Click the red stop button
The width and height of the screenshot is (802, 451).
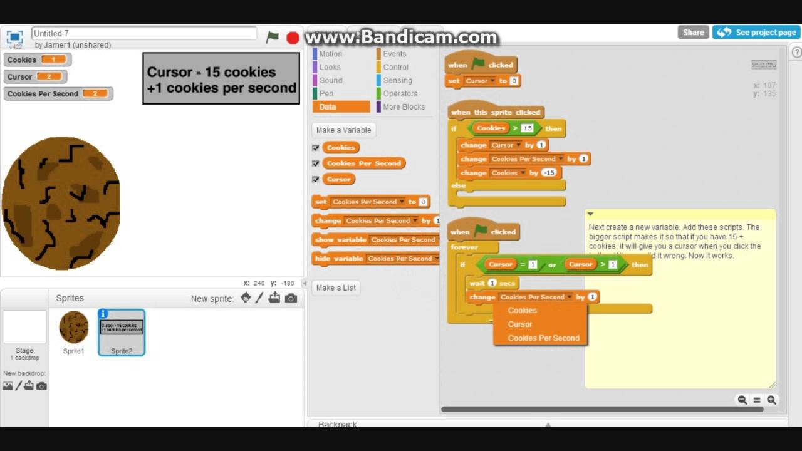(x=293, y=38)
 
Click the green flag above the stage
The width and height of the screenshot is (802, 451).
(x=273, y=38)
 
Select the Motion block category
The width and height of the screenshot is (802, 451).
(x=330, y=54)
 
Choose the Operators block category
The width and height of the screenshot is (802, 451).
(x=400, y=93)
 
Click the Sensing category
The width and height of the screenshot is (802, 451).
(x=397, y=80)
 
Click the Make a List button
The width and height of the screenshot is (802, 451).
(x=336, y=288)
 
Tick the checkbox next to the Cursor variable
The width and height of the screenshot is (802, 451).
(x=316, y=179)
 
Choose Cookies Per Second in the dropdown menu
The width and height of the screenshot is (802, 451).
(x=543, y=338)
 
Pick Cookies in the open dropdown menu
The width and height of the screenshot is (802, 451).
(x=522, y=311)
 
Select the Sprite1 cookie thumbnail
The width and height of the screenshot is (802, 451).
(x=74, y=328)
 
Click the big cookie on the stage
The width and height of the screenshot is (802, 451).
(x=61, y=204)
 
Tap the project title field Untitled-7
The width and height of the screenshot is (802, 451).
(x=144, y=33)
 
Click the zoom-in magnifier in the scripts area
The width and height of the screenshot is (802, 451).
(x=771, y=400)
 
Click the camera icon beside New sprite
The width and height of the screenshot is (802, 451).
(x=291, y=299)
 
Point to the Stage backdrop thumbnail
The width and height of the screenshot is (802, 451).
(x=24, y=327)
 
